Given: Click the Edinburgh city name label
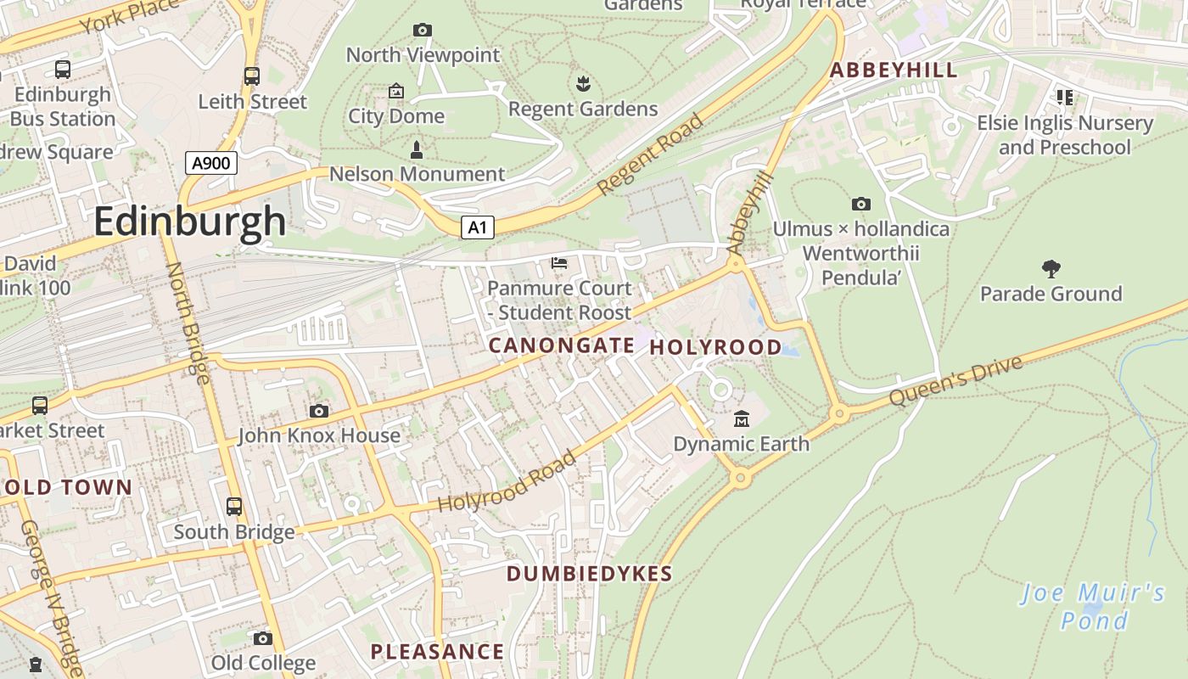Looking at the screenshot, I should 189,222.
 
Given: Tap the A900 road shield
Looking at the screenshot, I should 210,163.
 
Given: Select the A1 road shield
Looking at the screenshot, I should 478,227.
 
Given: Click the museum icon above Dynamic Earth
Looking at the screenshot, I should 742,418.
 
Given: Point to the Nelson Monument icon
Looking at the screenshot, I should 417,150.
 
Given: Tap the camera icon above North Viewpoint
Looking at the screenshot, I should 422,31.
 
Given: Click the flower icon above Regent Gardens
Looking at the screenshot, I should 583,83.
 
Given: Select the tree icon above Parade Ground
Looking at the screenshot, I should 1051,269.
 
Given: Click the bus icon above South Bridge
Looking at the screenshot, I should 234,507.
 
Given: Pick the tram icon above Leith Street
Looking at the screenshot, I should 252,76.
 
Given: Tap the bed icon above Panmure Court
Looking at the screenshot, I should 559,263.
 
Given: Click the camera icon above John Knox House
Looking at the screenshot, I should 319,412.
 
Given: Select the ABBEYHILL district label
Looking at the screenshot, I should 894,70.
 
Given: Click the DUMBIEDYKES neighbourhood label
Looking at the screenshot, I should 589,574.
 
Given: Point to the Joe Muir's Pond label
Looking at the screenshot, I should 1094,606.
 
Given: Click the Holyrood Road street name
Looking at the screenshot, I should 507,482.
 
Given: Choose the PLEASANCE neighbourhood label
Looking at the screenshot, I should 437,652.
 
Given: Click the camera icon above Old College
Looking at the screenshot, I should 263,638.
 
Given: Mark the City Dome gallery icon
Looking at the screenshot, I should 395,91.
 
